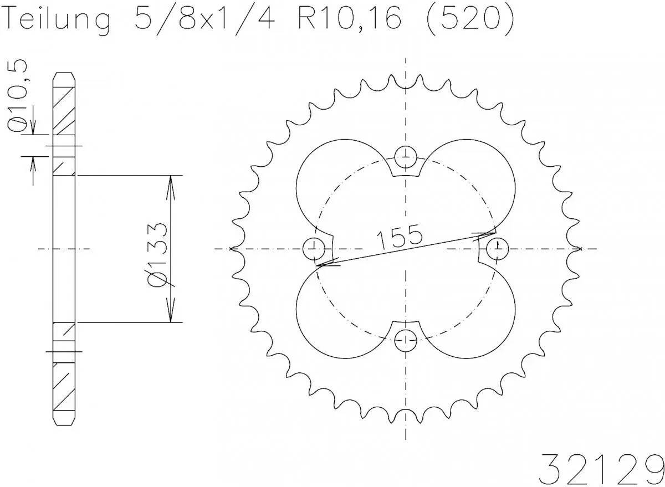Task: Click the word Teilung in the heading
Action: click(58, 20)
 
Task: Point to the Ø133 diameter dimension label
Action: click(161, 255)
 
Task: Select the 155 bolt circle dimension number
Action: click(399, 237)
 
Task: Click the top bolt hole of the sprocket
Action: click(407, 156)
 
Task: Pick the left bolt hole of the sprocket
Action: click(315, 246)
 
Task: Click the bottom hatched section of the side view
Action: click(63, 388)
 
